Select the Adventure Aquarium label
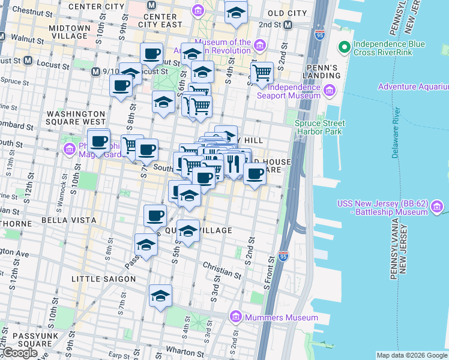click(x=413, y=87)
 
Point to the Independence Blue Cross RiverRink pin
click(x=344, y=47)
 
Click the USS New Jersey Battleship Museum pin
click(x=437, y=208)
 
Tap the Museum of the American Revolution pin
click(x=259, y=46)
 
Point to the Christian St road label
click(x=222, y=269)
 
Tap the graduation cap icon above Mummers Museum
click(x=161, y=295)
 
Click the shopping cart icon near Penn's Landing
click(x=261, y=73)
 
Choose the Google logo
click(x=20, y=353)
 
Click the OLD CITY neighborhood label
click(x=287, y=13)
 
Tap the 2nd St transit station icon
click(x=288, y=25)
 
